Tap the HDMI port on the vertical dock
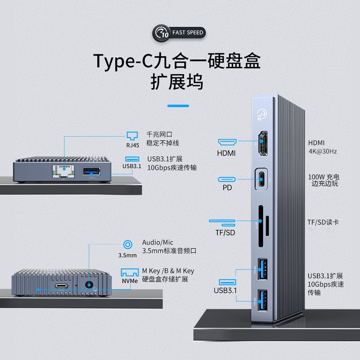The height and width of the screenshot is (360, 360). click(262, 140)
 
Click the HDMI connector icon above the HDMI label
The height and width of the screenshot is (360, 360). click(227, 142)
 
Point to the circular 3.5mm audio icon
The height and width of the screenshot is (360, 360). click(127, 245)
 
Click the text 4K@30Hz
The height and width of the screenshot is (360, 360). click(322, 151)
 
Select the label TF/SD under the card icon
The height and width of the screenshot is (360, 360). click(225, 233)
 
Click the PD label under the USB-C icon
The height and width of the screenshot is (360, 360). click(227, 187)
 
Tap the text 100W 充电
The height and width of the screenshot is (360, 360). click(323, 177)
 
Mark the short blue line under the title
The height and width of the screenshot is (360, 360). click(178, 106)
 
